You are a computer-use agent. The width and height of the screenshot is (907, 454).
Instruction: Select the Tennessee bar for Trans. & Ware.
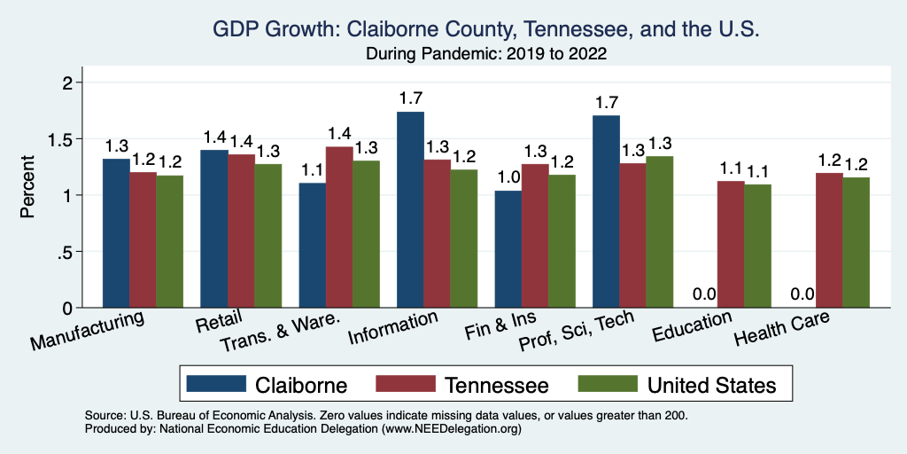pos(339,227)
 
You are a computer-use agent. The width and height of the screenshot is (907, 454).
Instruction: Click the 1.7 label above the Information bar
pos(410,98)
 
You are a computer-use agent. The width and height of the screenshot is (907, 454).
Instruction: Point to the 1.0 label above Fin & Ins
pos(508,176)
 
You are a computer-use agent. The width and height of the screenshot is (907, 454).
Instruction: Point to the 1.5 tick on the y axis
pos(71,139)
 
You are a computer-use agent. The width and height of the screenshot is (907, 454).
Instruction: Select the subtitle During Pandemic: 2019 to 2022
pos(486,54)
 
